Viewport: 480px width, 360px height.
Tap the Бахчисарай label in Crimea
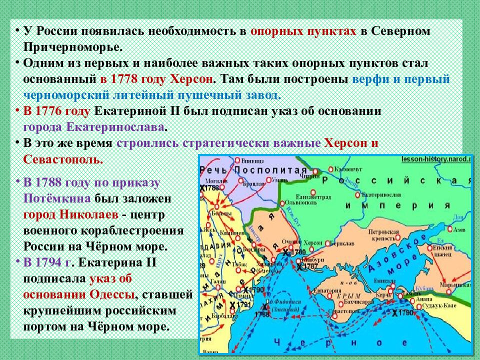354,302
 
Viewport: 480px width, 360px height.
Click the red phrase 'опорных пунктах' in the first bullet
303,30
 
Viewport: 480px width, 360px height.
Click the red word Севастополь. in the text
62,159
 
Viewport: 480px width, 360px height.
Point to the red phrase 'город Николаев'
70,214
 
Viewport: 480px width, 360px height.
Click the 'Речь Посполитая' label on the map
253,170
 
